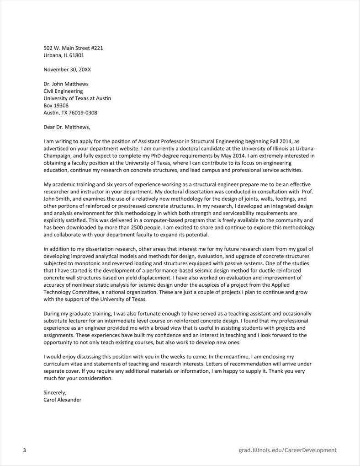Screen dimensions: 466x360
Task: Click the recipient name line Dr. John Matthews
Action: (66, 84)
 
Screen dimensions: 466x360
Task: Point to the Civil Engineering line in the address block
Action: (63, 91)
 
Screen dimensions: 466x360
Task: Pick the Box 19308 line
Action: (56, 106)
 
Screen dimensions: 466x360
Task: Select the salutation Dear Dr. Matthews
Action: (67, 127)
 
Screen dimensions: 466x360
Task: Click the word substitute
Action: (57, 321)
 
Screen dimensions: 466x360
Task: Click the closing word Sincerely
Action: (55, 392)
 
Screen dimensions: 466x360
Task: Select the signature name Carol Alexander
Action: (63, 400)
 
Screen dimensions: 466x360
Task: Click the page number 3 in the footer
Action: (24, 450)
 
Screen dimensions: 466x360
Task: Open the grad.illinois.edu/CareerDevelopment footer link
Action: (287, 450)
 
